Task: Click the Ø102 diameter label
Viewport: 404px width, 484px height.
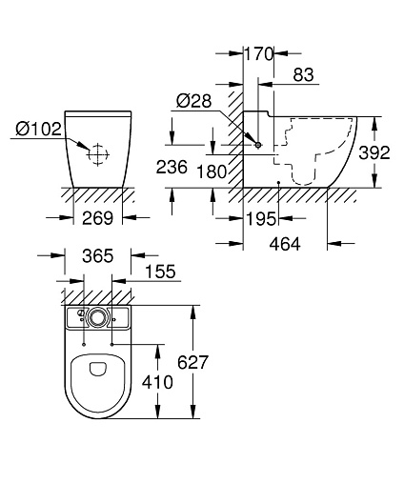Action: click(38, 129)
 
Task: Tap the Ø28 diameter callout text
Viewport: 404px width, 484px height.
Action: click(193, 101)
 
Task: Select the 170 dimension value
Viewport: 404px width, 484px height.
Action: click(258, 53)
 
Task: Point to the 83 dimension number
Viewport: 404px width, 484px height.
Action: click(303, 75)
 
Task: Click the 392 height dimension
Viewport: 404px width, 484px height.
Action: click(374, 152)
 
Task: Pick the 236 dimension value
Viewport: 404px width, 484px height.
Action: click(172, 167)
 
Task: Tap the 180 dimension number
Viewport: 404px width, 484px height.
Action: click(212, 171)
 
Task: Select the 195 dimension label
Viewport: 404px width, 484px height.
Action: click(261, 219)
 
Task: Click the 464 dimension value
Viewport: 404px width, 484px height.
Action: click(285, 244)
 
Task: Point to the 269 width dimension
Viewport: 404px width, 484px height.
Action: click(97, 218)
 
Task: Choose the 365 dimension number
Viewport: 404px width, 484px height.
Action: click(97, 255)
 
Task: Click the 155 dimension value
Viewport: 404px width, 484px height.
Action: click(160, 272)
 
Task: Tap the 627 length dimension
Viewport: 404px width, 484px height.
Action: click(192, 362)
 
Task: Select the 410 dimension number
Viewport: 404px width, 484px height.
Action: click(157, 382)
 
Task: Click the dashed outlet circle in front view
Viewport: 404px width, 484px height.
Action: click(98, 154)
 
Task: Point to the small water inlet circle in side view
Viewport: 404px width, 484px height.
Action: click(258, 145)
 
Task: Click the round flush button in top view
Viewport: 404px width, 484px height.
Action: click(97, 317)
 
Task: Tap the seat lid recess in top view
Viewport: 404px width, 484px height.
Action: click(97, 368)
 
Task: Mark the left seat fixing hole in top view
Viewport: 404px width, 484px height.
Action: click(83, 344)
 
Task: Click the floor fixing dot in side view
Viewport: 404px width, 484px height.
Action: click(278, 183)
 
